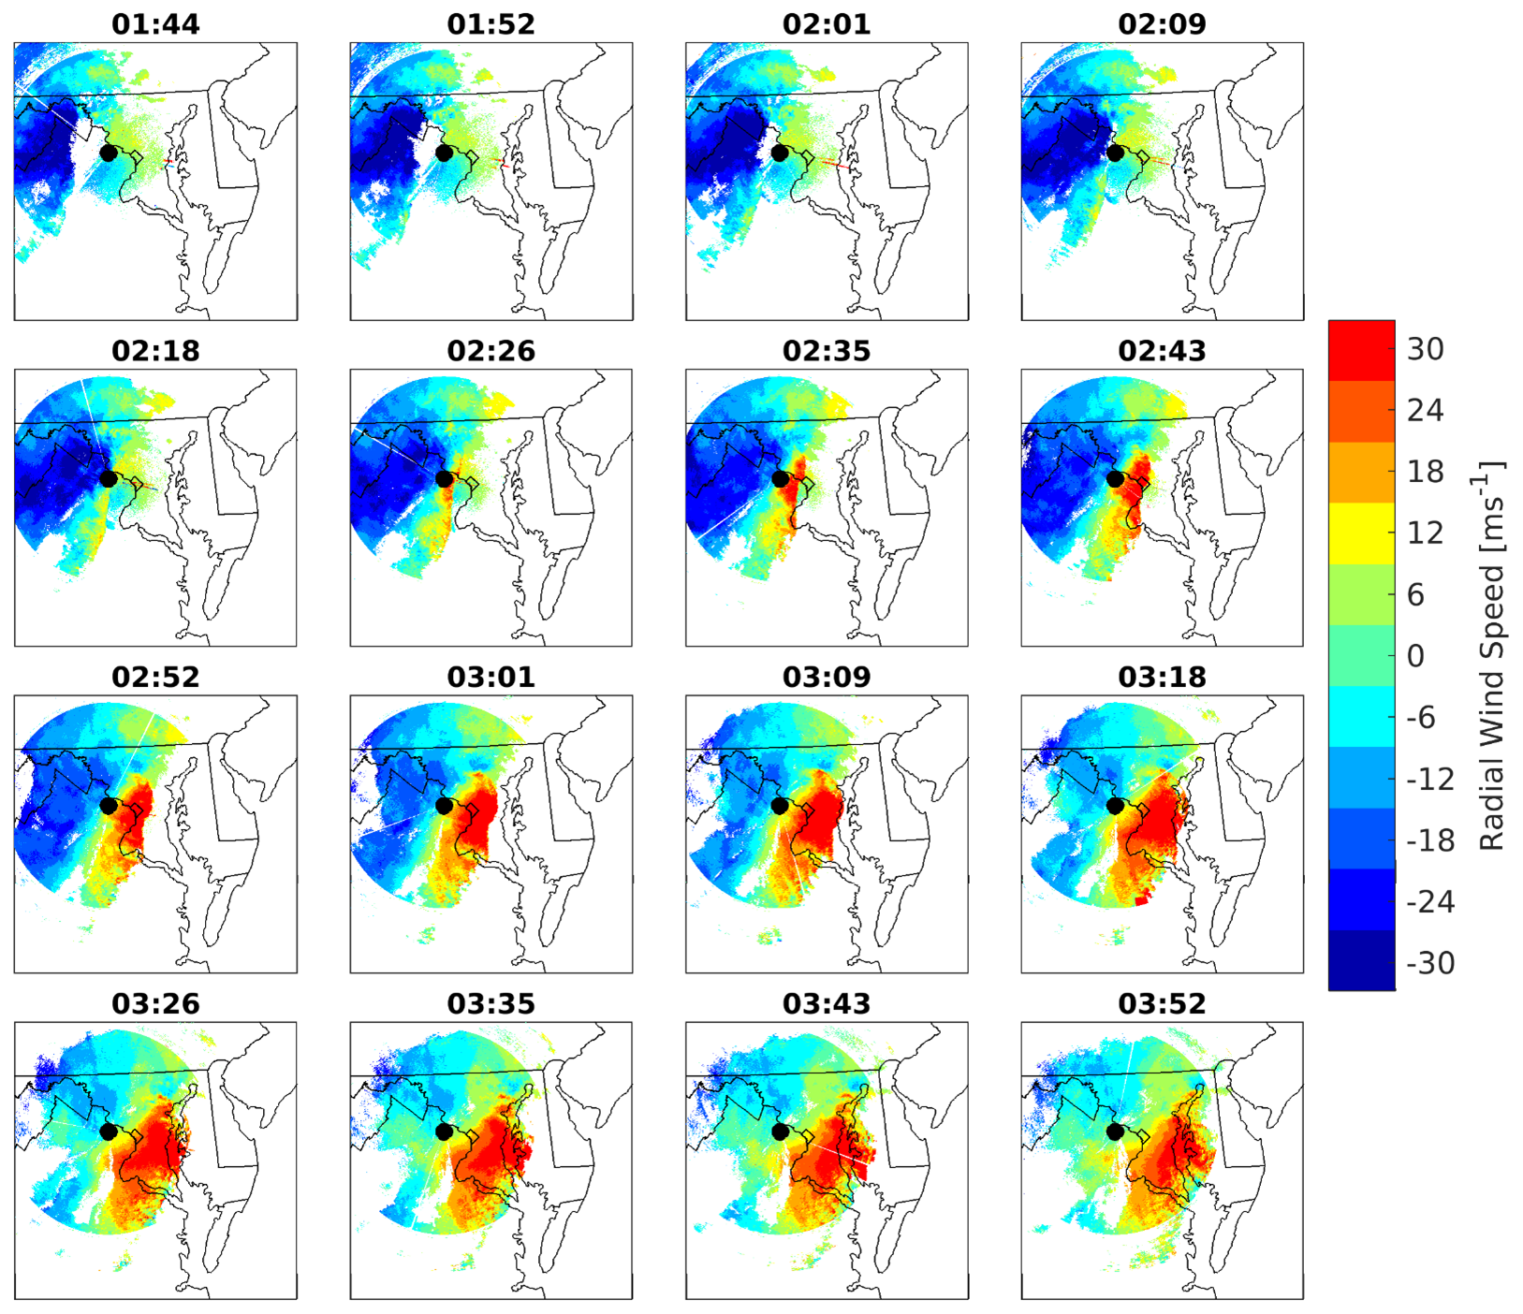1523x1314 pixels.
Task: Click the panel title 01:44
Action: tap(155, 24)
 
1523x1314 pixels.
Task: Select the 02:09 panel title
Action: tap(1162, 24)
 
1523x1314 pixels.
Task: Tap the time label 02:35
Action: tap(827, 351)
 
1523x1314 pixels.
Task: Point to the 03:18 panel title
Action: tap(1162, 677)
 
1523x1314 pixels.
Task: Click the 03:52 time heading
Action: tap(1162, 1003)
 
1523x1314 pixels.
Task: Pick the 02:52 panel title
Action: tap(155, 677)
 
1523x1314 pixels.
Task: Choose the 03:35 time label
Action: tap(491, 1003)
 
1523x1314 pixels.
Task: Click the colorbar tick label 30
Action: tap(1425, 349)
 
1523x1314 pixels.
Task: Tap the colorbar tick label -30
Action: tap(1430, 963)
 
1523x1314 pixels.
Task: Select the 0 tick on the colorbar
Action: tap(1416, 656)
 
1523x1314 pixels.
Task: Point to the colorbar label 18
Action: tap(1425, 472)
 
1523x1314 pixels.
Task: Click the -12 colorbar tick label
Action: tap(1430, 779)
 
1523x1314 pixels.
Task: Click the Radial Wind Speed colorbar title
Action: tap(1491, 655)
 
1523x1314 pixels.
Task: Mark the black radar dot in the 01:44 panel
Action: tap(109, 153)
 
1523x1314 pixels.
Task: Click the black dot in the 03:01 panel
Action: tap(444, 806)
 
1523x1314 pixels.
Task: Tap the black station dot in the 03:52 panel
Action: tap(1115, 1131)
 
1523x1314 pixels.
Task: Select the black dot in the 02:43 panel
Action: tap(1115, 479)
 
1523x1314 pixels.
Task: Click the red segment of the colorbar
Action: tap(1361, 349)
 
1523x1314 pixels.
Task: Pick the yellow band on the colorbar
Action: tap(1361, 533)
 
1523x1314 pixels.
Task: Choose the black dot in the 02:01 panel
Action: tap(779, 153)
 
